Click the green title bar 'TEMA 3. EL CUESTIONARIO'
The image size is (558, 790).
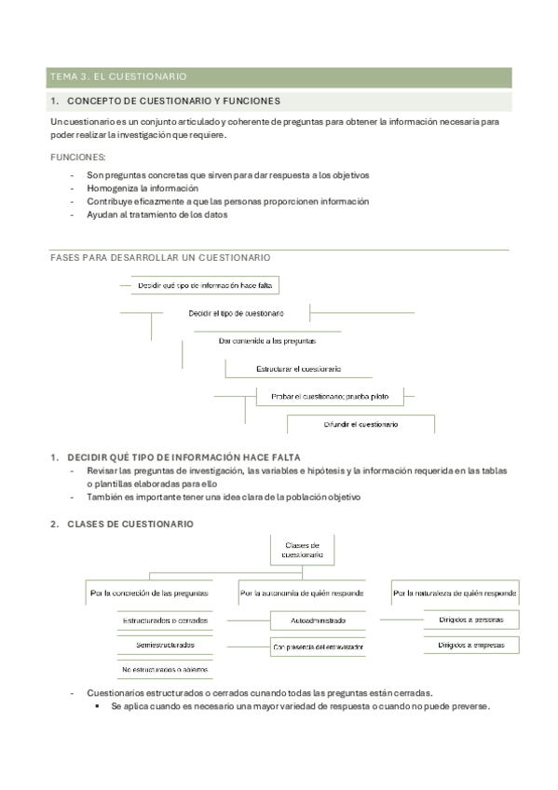279,76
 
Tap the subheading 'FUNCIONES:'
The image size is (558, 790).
78,157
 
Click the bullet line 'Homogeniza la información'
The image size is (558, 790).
143,188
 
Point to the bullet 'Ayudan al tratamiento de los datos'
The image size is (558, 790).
157,214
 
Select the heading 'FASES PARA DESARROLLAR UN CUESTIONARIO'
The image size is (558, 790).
160,256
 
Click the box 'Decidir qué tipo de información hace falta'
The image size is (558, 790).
208,286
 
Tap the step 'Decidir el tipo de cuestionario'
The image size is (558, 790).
237,313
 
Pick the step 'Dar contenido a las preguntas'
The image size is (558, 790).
267,341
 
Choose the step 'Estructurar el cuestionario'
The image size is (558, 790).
298,369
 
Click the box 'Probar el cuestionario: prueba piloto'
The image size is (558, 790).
323,397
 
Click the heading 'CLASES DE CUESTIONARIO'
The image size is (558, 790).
130,524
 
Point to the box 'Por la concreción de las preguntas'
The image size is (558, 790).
149,592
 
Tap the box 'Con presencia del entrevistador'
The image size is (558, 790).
318,646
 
